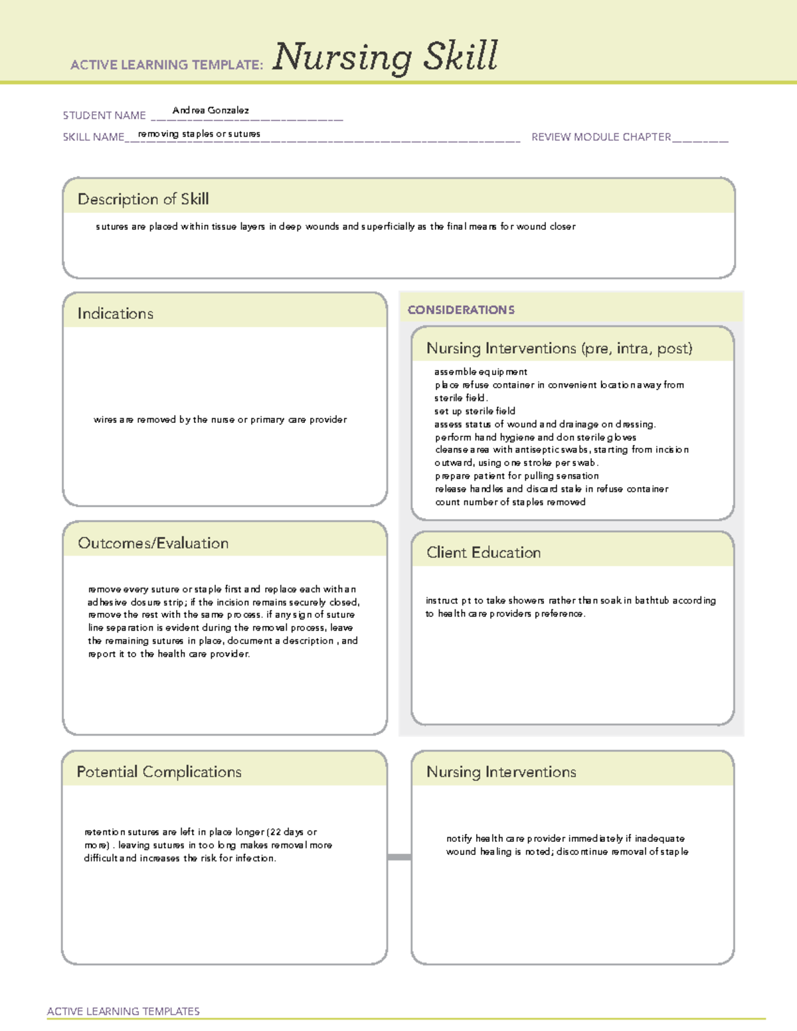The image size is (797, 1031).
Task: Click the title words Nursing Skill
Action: tap(385, 57)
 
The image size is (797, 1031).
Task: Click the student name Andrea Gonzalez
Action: tap(211, 110)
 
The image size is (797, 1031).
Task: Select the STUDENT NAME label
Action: tap(104, 116)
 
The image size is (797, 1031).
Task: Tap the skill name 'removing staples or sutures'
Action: tap(199, 134)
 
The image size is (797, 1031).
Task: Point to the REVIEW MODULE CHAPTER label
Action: tap(601, 137)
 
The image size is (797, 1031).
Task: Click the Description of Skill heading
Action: tap(143, 199)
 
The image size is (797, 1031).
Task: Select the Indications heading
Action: tap(116, 313)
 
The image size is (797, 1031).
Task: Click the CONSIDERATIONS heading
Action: tap(461, 310)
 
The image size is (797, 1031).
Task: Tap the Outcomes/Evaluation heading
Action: tap(153, 543)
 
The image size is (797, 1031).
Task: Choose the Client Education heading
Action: tap(484, 552)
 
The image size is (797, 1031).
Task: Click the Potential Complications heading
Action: tap(159, 771)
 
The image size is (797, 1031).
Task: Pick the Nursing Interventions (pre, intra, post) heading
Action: tap(559, 349)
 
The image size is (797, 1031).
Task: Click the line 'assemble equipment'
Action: tap(481, 372)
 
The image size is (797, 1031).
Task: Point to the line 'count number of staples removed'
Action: tap(510, 502)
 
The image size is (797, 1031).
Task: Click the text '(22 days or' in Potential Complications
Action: tap(292, 832)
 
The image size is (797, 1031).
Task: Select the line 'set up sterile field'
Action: tap(475, 411)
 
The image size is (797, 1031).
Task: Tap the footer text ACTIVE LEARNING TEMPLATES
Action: tap(124, 1011)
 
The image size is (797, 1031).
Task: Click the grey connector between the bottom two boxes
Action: tap(399, 857)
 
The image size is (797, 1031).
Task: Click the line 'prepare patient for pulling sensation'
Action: tap(517, 476)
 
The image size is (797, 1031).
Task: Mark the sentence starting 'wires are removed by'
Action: tap(220, 420)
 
